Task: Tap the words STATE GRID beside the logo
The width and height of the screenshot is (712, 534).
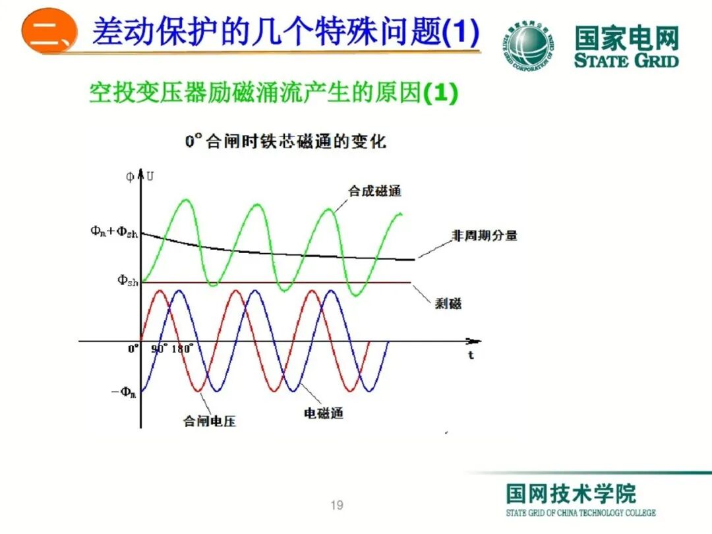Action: [x=626, y=61]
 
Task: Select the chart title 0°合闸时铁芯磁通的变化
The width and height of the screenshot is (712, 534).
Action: [x=285, y=141]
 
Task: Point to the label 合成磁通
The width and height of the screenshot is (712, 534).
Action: [x=374, y=191]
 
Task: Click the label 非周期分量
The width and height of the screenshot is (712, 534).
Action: [x=484, y=235]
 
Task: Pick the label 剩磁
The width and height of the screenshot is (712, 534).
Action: [x=448, y=303]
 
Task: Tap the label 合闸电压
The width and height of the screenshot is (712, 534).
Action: [x=210, y=421]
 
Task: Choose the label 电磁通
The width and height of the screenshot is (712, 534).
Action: [x=323, y=413]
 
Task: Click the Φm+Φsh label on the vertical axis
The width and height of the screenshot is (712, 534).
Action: [x=114, y=232]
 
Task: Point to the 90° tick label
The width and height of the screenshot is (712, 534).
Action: [x=160, y=349]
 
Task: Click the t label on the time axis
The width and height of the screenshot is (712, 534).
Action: [x=471, y=355]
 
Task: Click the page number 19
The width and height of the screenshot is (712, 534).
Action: [x=337, y=506]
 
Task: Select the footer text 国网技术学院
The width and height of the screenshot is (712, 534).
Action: [x=571, y=493]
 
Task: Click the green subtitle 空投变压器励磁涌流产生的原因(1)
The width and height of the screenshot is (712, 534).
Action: [x=273, y=94]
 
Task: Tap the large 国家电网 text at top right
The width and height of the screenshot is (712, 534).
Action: [x=626, y=38]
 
